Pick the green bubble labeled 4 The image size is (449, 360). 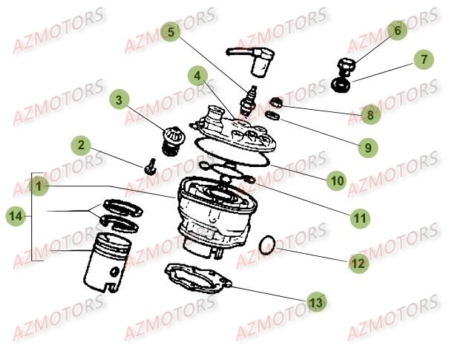click(197, 76)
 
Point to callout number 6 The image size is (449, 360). click(396, 31)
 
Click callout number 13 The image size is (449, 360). click(364, 147)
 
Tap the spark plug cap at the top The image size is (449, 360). click(358, 262)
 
